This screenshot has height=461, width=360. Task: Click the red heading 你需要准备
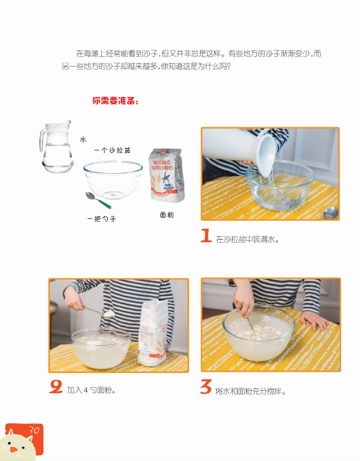[115, 101]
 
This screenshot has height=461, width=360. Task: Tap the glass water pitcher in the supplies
[56, 146]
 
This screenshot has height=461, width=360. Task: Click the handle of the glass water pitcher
[43, 140]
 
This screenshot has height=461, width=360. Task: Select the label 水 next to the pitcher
[83, 139]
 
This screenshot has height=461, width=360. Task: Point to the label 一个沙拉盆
[112, 150]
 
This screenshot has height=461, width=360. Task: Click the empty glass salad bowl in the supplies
[113, 180]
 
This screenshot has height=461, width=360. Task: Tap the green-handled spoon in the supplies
[98, 200]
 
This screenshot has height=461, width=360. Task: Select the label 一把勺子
[102, 219]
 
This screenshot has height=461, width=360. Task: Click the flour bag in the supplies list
[167, 175]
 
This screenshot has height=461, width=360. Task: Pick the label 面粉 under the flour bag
[167, 215]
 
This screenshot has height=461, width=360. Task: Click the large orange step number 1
[206, 236]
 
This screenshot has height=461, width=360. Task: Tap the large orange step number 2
[56, 386]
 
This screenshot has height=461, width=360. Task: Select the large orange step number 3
[206, 387]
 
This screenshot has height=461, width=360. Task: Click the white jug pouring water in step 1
[239, 150]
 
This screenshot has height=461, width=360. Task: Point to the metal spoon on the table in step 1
[330, 213]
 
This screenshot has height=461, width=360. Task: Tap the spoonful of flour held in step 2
[109, 313]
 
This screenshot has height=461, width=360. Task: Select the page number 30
[34, 430]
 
